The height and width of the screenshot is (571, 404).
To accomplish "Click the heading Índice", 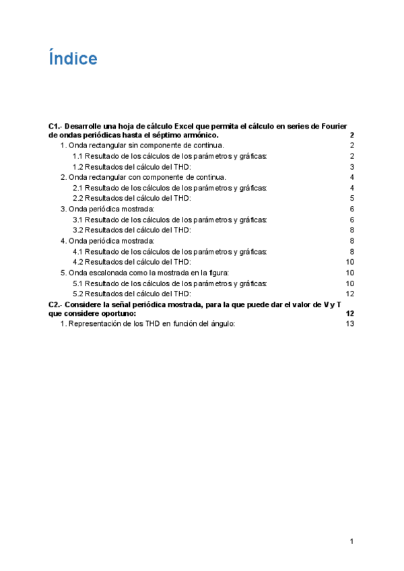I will pos(73,59).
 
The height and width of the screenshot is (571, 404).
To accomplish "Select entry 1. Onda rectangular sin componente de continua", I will pos(142,145).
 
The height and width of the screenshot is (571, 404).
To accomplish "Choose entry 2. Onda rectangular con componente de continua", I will pos(143,177).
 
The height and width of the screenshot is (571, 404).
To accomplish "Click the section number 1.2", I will pos(78,167).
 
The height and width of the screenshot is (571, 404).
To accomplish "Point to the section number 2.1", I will pos(78,188).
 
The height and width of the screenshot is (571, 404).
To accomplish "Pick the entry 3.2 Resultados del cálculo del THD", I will pos(132,230).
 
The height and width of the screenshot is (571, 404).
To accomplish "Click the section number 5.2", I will pos(78,294).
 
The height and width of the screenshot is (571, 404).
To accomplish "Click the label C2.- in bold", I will pos(56,304).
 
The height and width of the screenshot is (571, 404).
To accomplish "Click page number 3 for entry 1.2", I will pos(351,167).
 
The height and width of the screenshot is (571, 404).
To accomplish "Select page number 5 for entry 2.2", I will pos(351,199).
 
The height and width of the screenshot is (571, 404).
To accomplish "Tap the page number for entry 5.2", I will pos(349,294).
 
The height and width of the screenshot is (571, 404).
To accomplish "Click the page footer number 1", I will pos(351,541).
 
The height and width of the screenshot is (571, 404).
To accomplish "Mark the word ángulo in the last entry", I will pos(223,324).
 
